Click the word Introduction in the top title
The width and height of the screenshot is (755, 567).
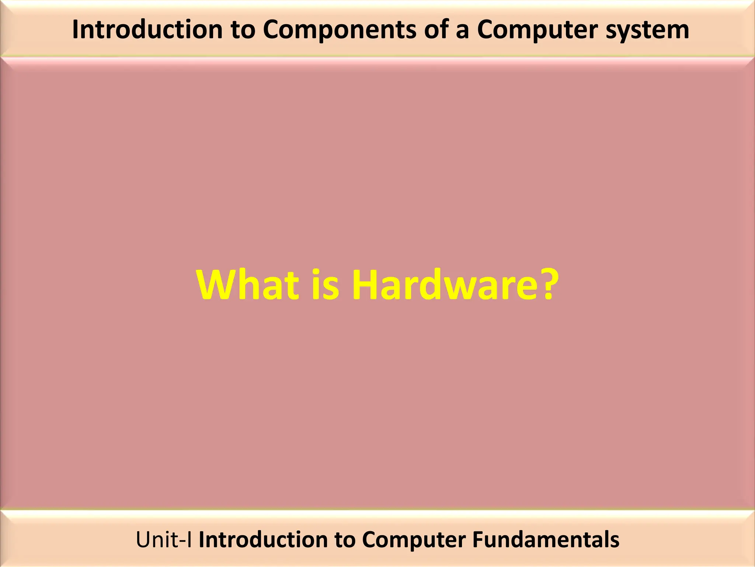click(147, 30)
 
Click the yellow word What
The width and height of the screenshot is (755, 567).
click(248, 285)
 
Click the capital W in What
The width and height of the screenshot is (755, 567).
click(216, 285)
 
